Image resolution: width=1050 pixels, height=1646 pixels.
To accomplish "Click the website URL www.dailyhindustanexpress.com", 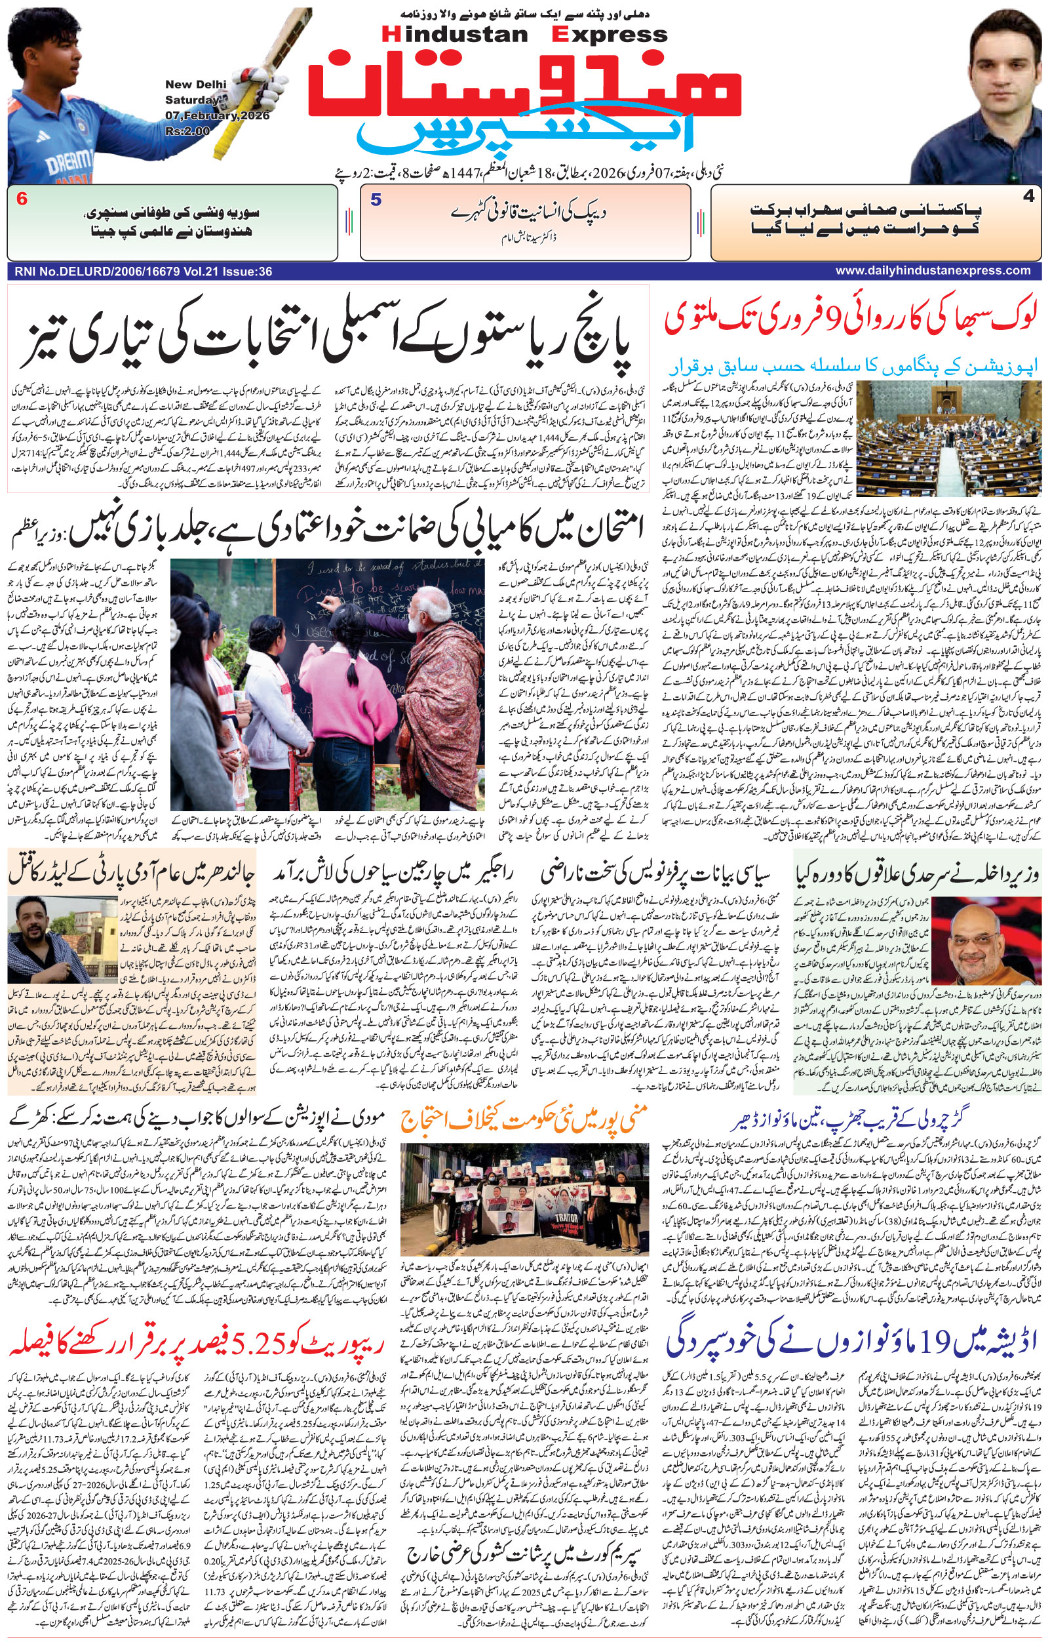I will coord(933,271).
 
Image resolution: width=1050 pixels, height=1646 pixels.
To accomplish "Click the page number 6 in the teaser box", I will coord(22,199).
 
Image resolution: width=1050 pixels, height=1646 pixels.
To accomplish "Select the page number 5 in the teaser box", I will coord(376,199).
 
